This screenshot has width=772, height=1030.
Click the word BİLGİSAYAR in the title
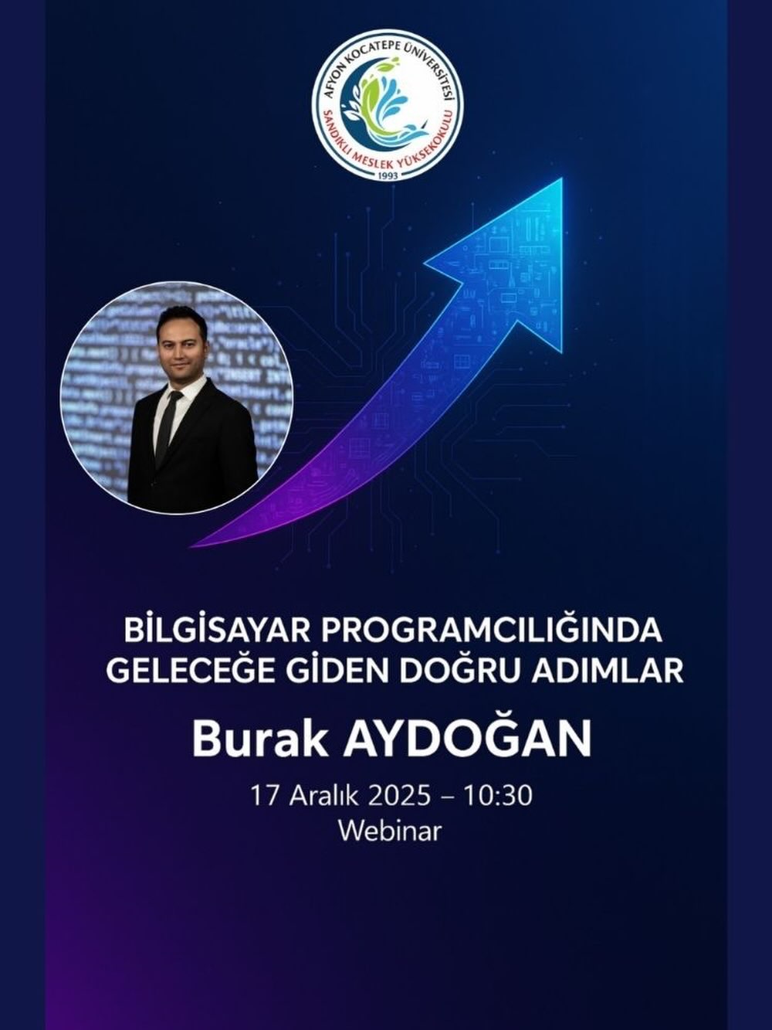click(x=215, y=631)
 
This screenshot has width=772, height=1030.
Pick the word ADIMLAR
click(x=608, y=669)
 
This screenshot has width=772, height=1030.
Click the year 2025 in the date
click(x=399, y=795)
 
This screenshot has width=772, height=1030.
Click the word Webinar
click(x=390, y=831)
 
